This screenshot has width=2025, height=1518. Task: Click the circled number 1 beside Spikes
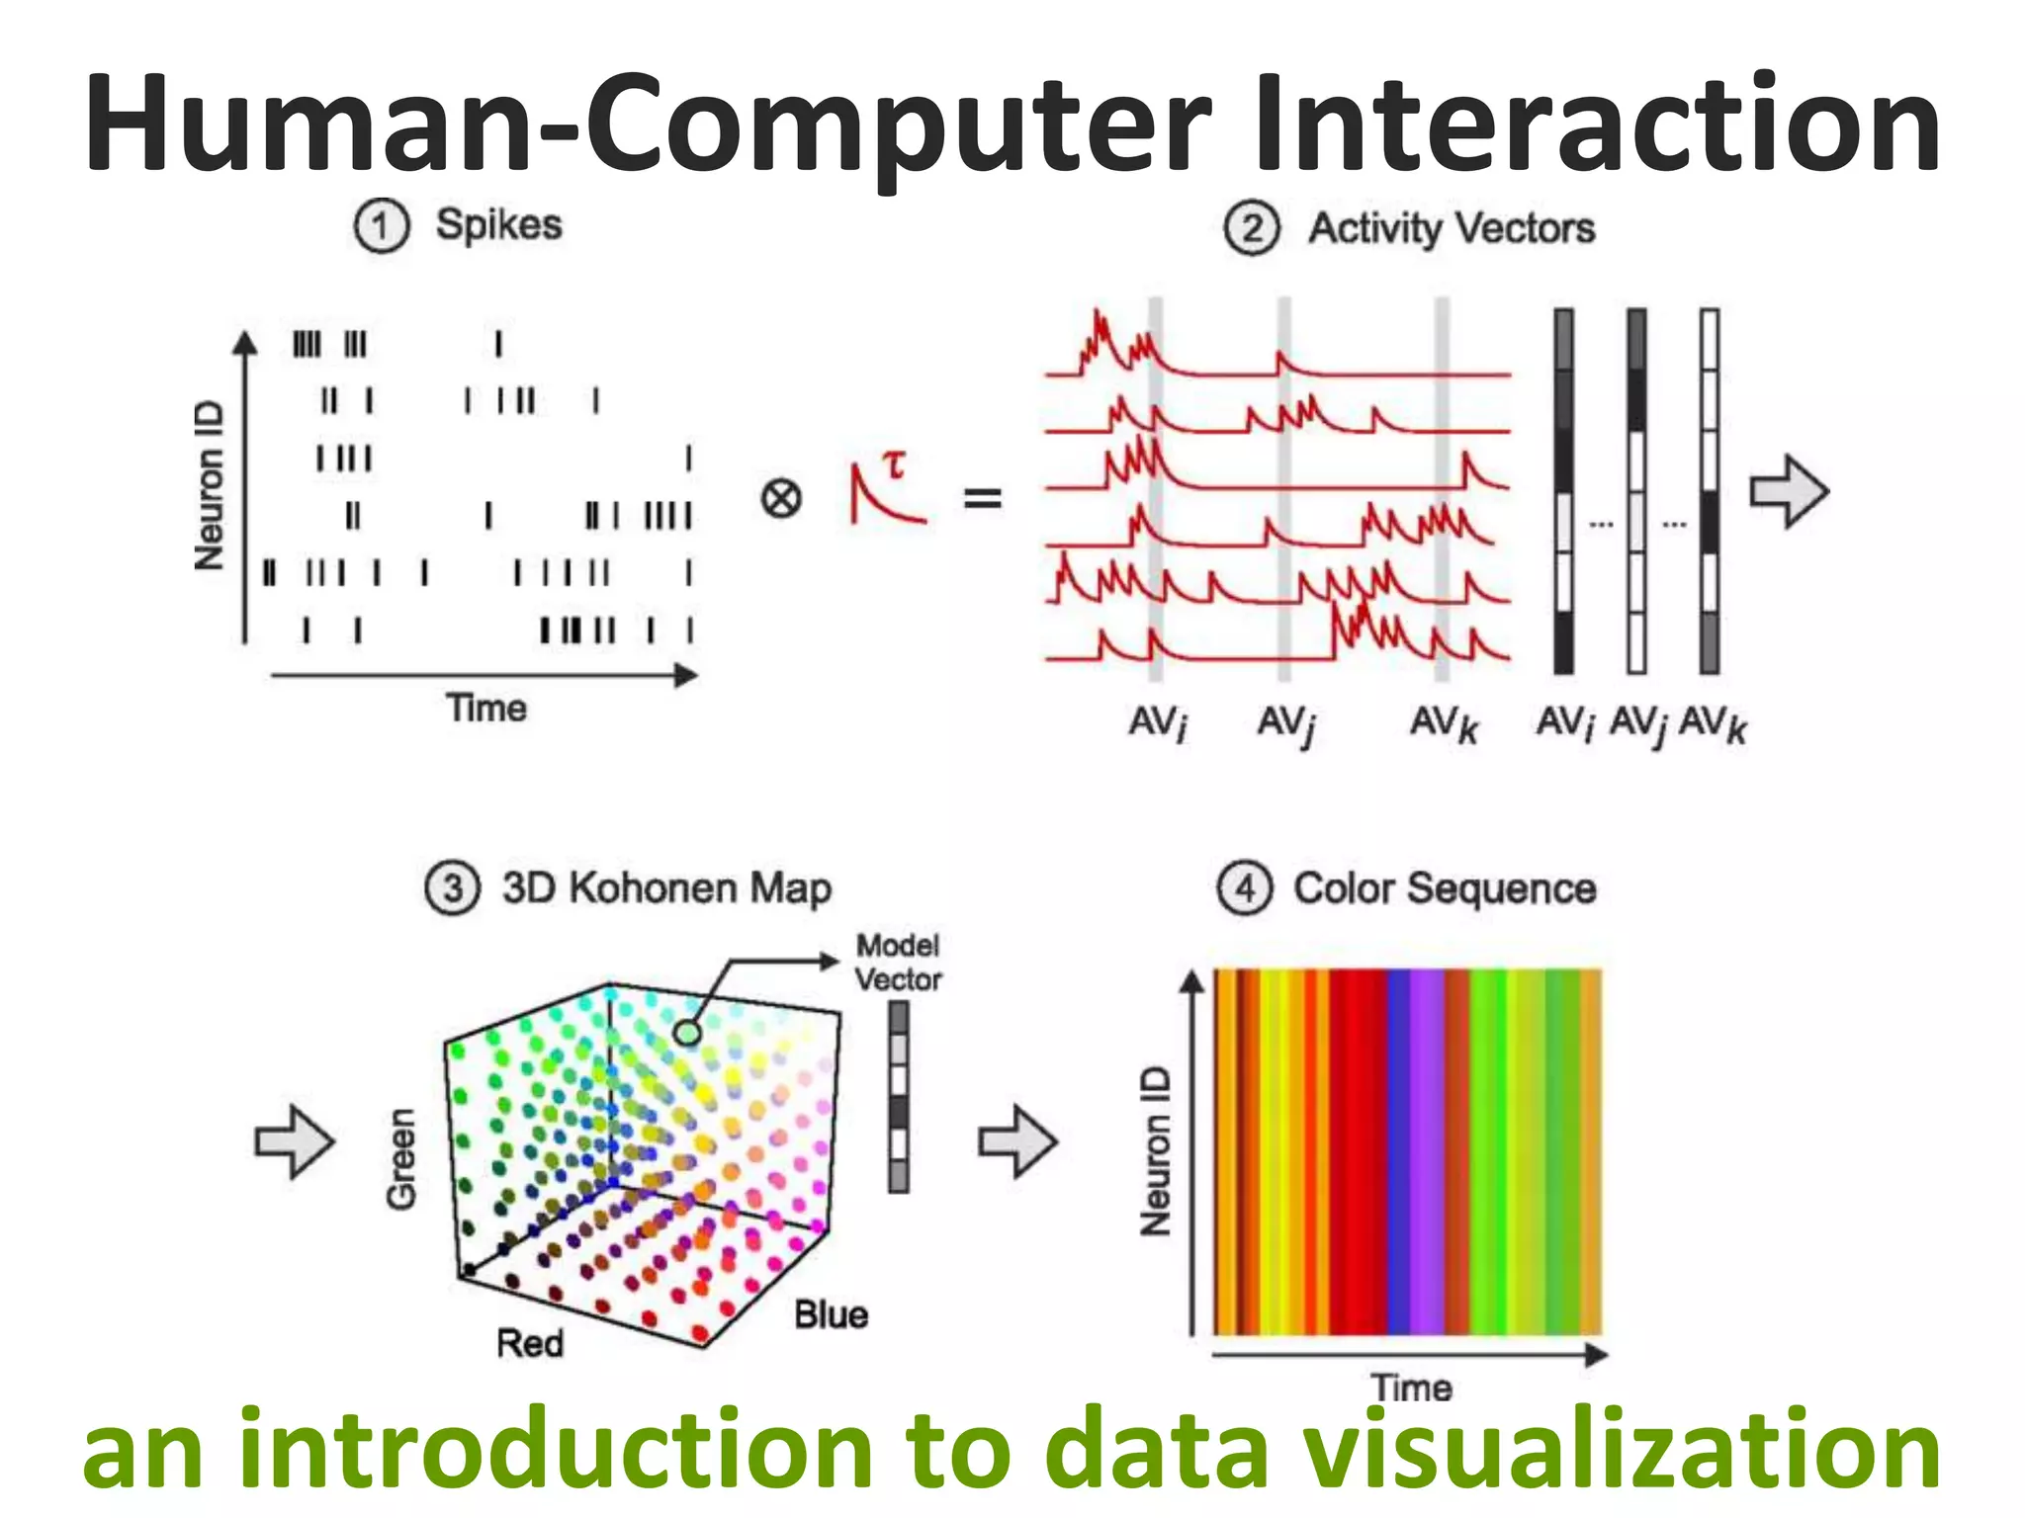pyautogui.click(x=381, y=226)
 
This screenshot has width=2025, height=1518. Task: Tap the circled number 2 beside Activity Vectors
pyautogui.click(x=1252, y=228)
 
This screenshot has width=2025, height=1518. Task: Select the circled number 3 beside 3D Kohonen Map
pyautogui.click(x=452, y=887)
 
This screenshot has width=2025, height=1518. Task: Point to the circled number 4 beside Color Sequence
pyautogui.click(x=1244, y=887)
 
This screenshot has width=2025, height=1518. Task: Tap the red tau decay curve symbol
pyautogui.click(x=886, y=489)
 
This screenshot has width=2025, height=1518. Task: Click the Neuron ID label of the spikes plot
pyautogui.click(x=210, y=486)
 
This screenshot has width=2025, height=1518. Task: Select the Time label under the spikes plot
pyautogui.click(x=485, y=709)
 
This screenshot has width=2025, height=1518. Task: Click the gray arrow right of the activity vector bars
pyautogui.click(x=1789, y=491)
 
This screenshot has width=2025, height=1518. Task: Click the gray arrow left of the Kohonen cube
pyautogui.click(x=295, y=1141)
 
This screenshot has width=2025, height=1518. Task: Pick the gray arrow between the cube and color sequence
pyautogui.click(x=1017, y=1141)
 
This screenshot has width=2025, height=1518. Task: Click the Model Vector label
pyautogui.click(x=897, y=963)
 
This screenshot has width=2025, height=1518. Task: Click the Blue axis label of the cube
pyautogui.click(x=831, y=1315)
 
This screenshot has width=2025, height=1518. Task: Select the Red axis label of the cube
pyautogui.click(x=530, y=1343)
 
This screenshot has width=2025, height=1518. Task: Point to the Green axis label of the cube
pyautogui.click(x=401, y=1158)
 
